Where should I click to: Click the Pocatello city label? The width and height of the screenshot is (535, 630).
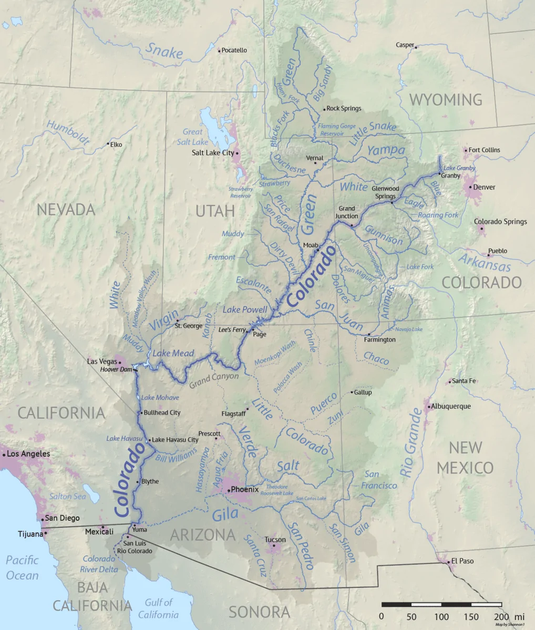pyautogui.click(x=234, y=50)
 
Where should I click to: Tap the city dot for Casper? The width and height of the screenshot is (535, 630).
pyautogui.click(x=416, y=48)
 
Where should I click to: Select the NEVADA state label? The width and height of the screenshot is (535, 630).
pyautogui.click(x=66, y=210)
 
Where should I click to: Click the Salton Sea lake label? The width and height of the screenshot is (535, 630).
pyautogui.click(x=67, y=497)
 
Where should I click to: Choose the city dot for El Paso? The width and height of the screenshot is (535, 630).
pyautogui.click(x=448, y=562)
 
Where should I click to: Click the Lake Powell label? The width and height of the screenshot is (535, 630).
pyautogui.click(x=245, y=309)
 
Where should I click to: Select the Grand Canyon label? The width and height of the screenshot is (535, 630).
pyautogui.click(x=214, y=377)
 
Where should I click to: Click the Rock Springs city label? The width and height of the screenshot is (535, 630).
pyautogui.click(x=344, y=109)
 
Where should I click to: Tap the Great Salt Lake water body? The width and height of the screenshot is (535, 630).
pyautogui.click(x=210, y=126)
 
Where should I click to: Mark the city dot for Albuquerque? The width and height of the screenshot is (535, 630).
pyautogui.click(x=429, y=407)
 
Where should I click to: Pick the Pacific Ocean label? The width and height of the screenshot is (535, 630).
pyautogui.click(x=23, y=568)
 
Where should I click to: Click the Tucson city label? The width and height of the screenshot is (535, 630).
pyautogui.click(x=275, y=540)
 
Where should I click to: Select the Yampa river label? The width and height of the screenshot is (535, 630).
pyautogui.click(x=386, y=150)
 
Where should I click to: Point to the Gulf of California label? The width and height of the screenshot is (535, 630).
pyautogui.click(x=159, y=608)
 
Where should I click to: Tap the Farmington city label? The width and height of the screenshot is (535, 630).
pyautogui.click(x=379, y=340)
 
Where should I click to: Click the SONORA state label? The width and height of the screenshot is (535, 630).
pyautogui.click(x=259, y=612)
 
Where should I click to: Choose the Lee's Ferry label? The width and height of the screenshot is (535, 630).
pyautogui.click(x=232, y=330)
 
